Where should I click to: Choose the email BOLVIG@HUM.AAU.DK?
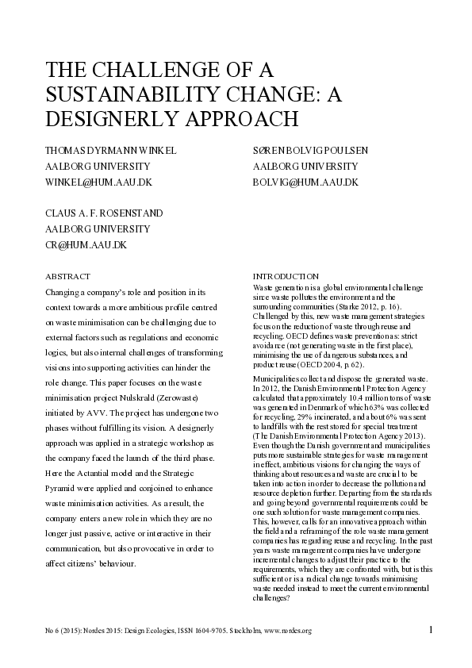click(x=305, y=182)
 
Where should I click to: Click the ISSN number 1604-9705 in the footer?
click(x=220, y=632)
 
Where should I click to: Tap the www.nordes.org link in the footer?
click(x=290, y=632)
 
